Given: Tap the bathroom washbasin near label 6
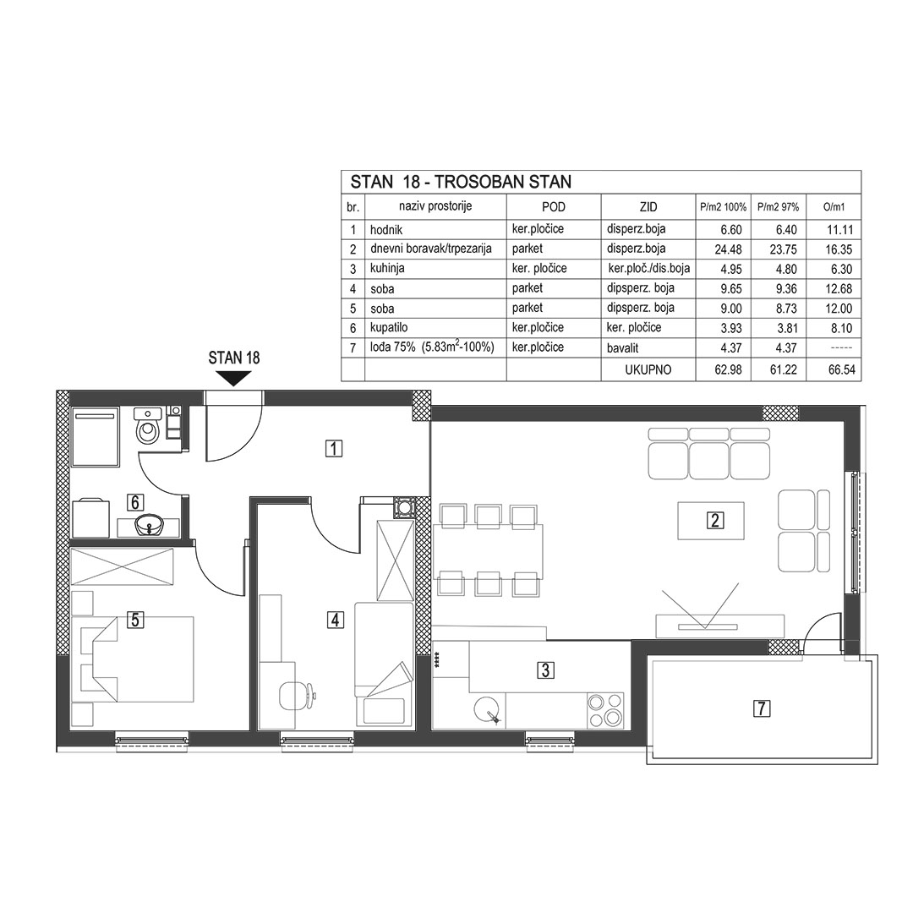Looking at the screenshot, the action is pos(150,526).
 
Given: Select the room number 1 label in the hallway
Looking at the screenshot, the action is pos(334,449).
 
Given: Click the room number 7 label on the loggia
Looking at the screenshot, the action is pos(762,708).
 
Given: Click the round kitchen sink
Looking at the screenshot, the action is pos(487,710).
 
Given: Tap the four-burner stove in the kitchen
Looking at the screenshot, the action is pos(605,710).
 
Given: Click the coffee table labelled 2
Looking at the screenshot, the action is pos(711,520).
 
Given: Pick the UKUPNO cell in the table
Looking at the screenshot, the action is pos(648,369).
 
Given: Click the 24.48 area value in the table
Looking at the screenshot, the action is pos(728,249).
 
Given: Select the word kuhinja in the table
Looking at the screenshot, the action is pos(387,269).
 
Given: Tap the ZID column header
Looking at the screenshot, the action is pos(648,207).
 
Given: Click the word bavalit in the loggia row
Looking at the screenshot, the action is pos(622,347).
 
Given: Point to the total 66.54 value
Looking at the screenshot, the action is pos(841,369).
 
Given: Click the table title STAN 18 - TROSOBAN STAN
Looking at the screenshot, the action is pos(461,182).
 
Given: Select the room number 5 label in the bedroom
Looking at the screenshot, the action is pos(135,620).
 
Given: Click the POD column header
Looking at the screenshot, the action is pos(553,207).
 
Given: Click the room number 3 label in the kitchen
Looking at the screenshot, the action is pos(545,670).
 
